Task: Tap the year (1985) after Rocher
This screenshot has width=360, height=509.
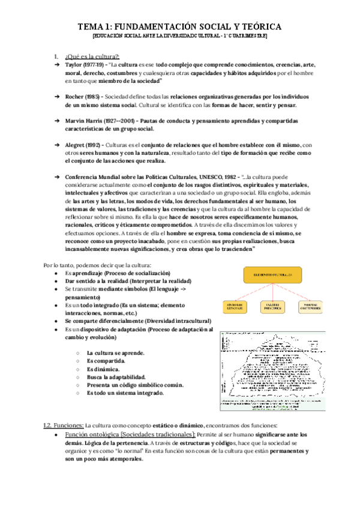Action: click(x=91, y=96)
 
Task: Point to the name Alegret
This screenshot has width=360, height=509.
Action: click(x=76, y=145)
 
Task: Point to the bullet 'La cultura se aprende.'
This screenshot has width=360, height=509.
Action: click(x=115, y=354)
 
